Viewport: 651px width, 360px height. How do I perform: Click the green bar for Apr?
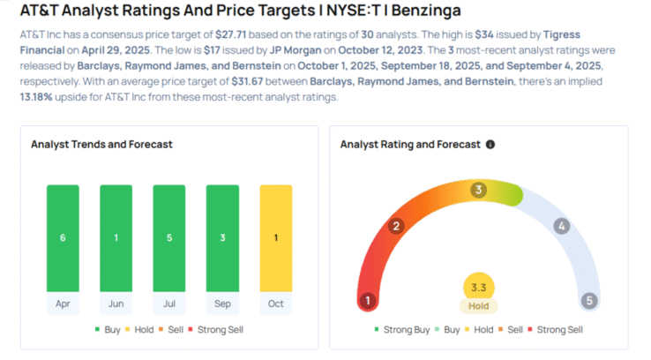pos(62,237)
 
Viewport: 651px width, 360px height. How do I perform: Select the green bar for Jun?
pos(116,237)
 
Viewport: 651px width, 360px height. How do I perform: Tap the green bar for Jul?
pos(168,237)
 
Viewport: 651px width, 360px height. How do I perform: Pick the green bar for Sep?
pos(222,237)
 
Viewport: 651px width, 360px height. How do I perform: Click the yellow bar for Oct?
pos(275,237)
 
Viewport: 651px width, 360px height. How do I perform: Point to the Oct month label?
pos(275,303)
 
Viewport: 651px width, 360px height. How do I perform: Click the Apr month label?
pos(62,303)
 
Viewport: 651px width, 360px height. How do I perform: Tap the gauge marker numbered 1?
pos(368,301)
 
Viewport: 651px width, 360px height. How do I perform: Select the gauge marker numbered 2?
pos(397,227)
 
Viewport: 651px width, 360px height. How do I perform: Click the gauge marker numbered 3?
pos(479,190)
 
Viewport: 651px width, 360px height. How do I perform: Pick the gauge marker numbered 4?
pos(561,227)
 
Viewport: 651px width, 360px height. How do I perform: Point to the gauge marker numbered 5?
pos(590,301)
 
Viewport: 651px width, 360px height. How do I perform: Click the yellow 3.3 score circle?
pos(478,287)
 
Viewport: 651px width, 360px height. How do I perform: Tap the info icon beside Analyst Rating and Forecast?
pos(490,144)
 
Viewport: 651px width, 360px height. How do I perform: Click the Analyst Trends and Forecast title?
pos(101,144)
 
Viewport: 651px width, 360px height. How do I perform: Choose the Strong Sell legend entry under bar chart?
pos(216,329)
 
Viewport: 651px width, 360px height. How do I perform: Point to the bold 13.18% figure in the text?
pos(37,95)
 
